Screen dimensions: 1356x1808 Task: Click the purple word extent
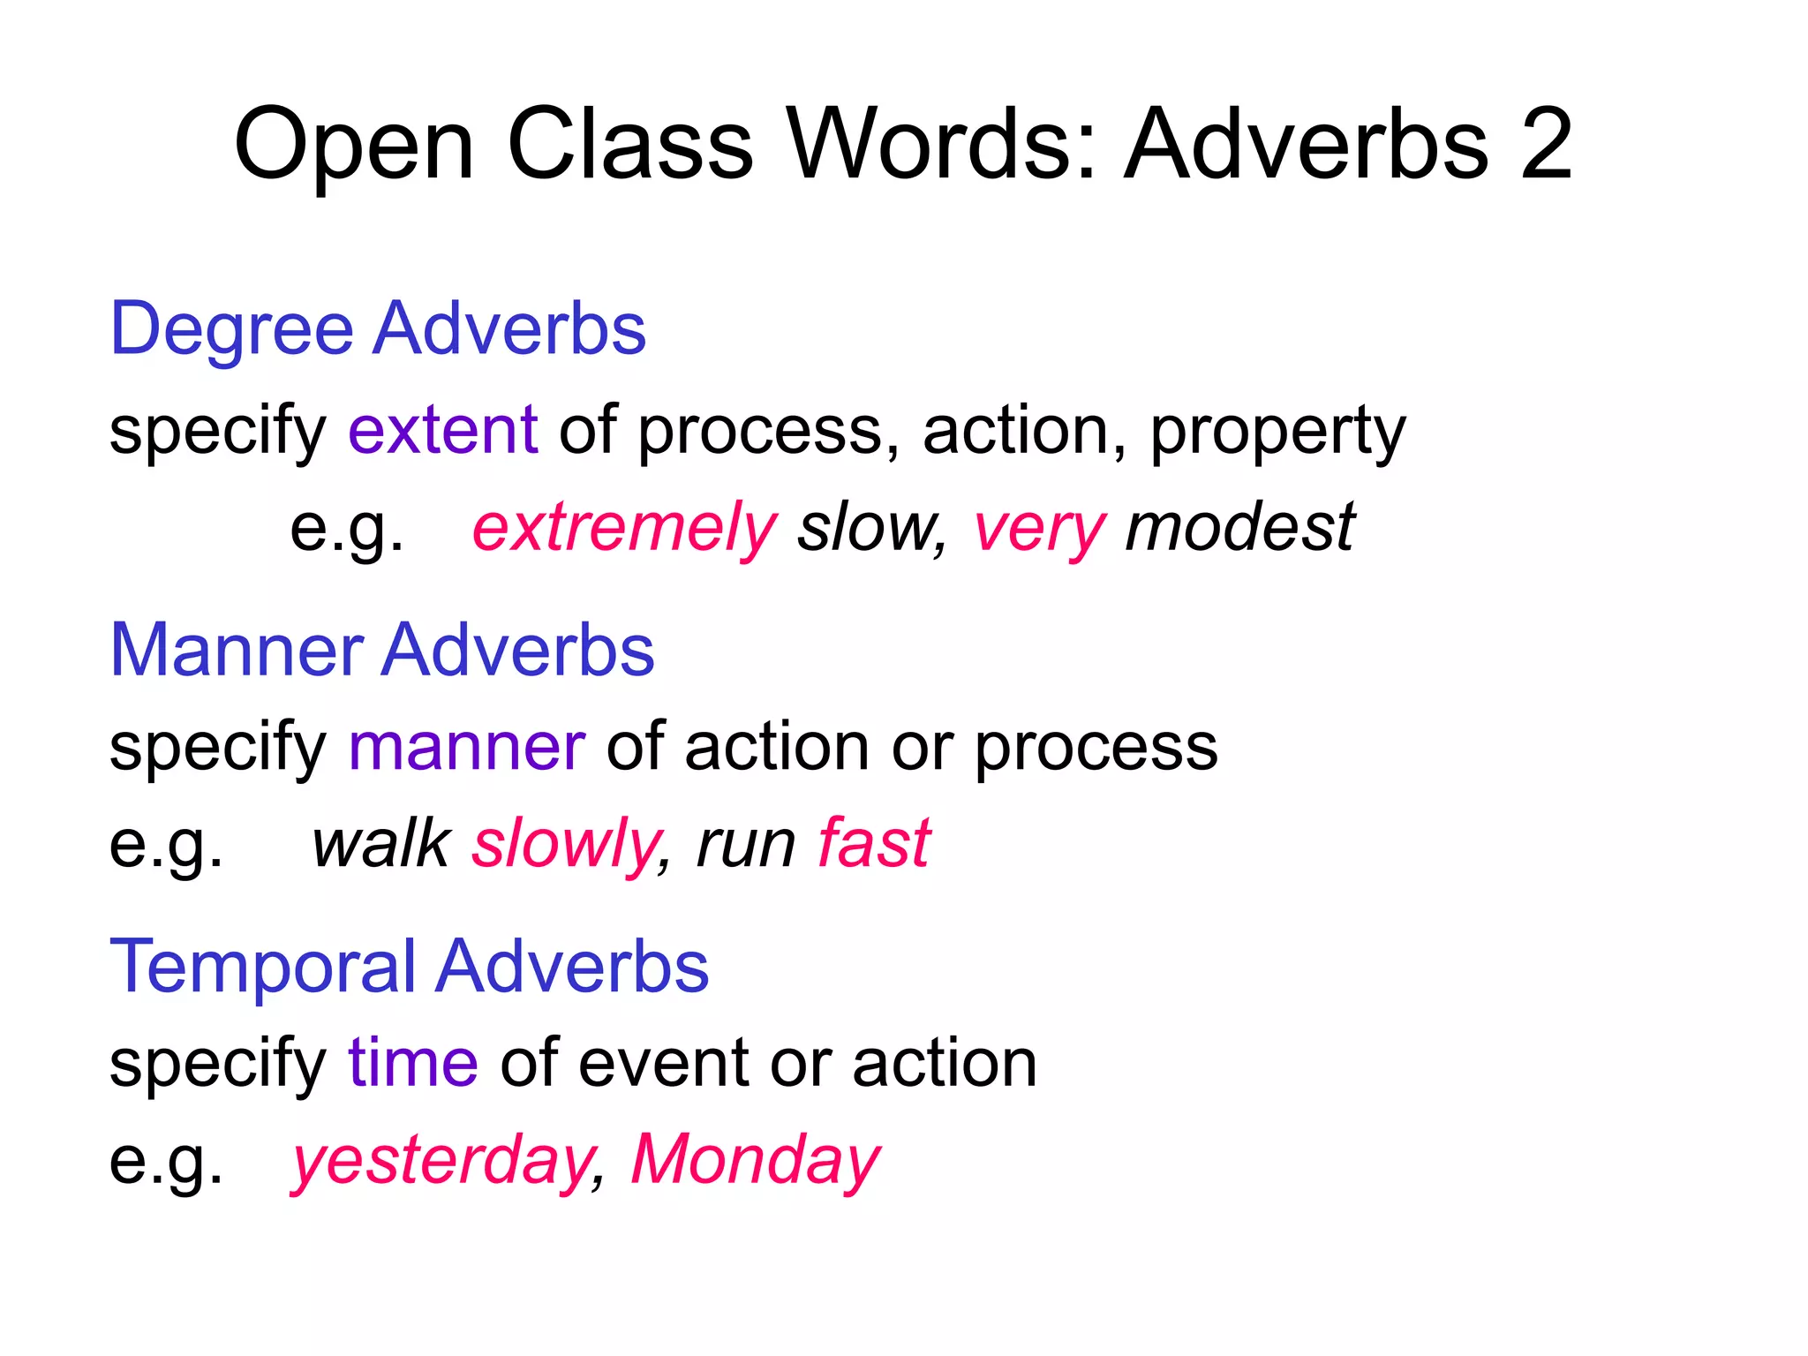(x=443, y=430)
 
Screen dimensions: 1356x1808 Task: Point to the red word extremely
(x=624, y=528)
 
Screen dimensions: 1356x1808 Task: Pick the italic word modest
(x=1239, y=527)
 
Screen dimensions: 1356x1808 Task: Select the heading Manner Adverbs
(x=381, y=650)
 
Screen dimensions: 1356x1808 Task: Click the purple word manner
(x=467, y=747)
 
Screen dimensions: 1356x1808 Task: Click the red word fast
(x=874, y=843)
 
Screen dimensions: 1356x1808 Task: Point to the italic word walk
(x=381, y=843)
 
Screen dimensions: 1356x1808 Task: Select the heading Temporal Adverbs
(x=409, y=967)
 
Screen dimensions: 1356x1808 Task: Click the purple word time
(x=413, y=1062)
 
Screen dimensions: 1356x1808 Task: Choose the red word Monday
(x=755, y=1159)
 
